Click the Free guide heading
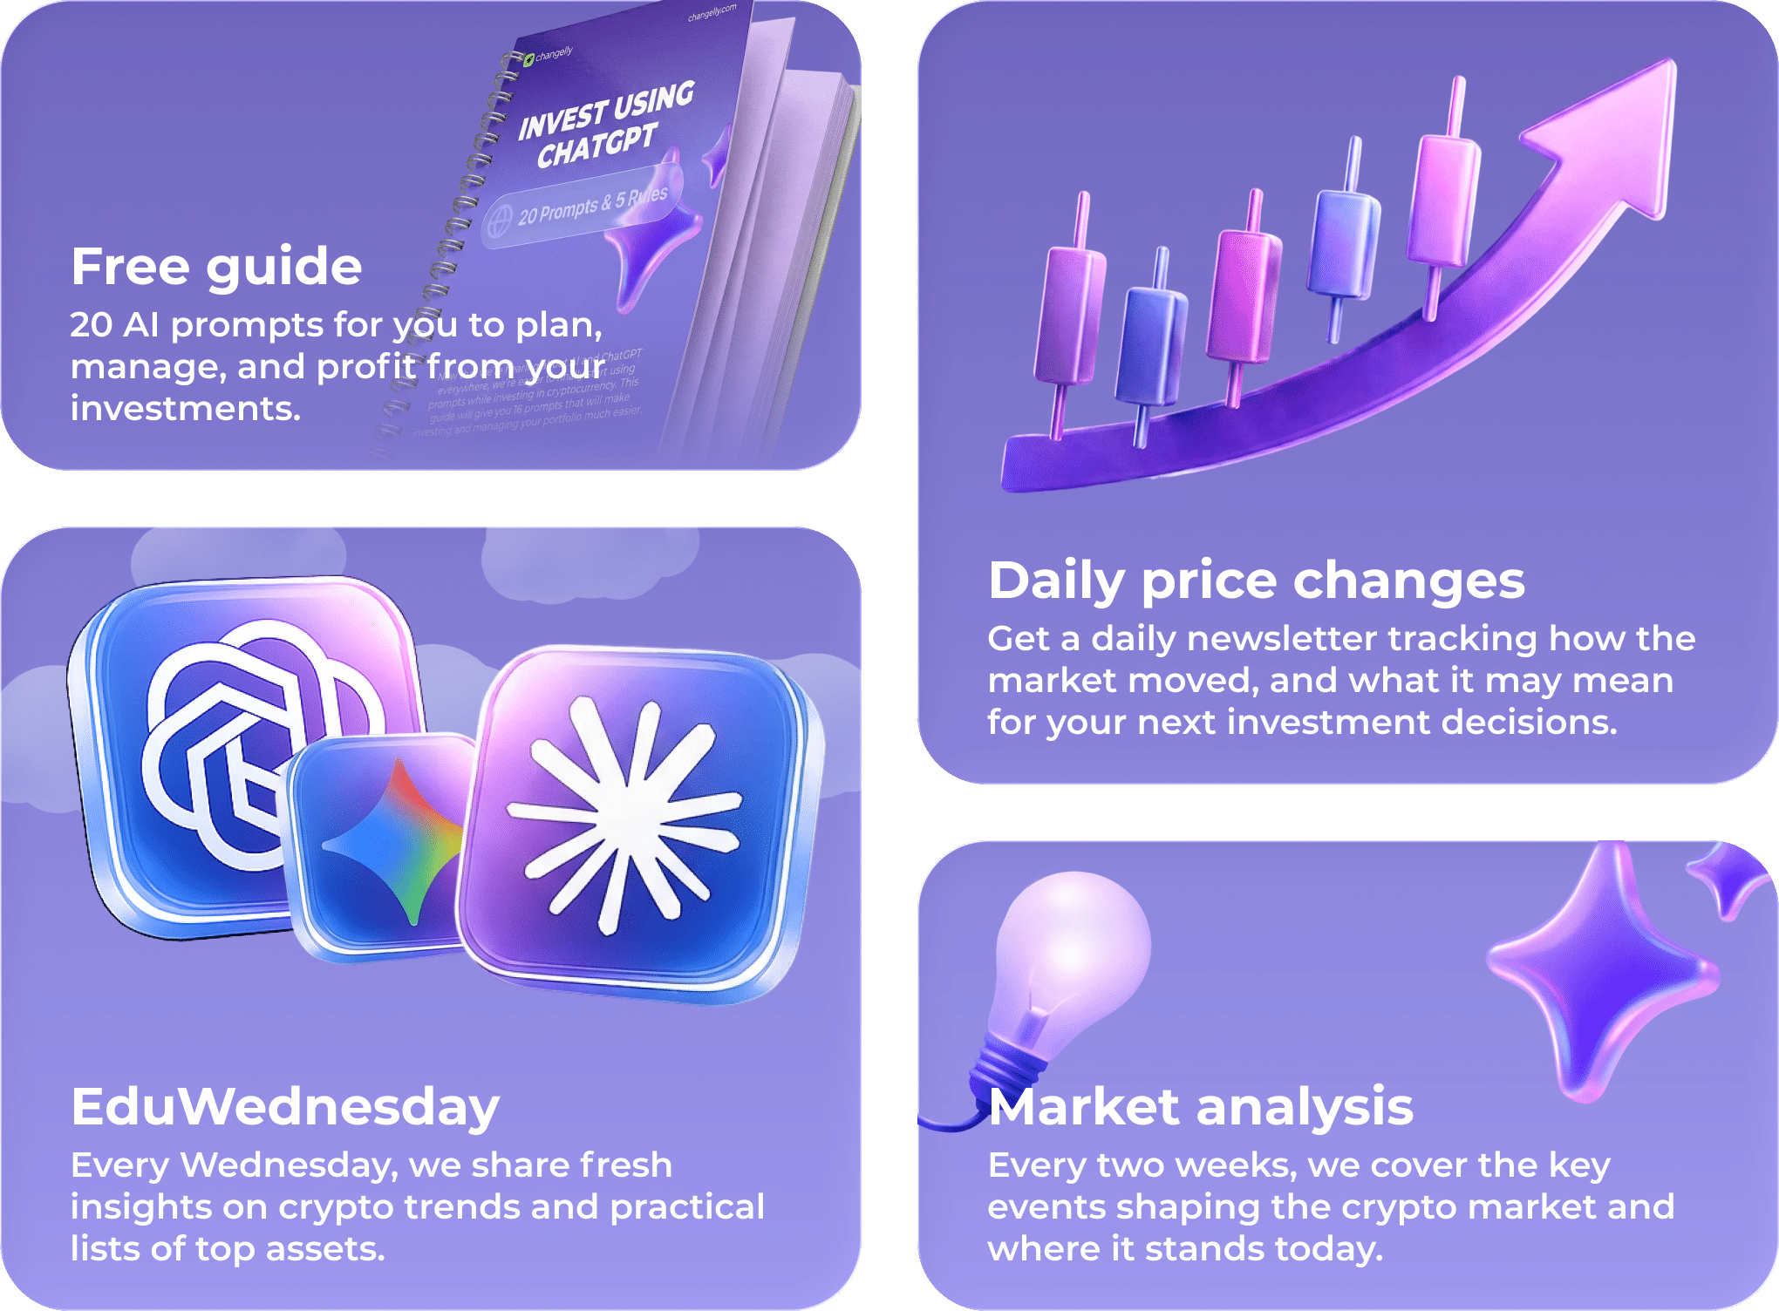tap(216, 266)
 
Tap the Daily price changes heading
tap(1256, 581)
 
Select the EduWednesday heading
tap(285, 1107)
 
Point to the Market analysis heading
tap(1200, 1107)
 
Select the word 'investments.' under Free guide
tap(185, 409)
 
